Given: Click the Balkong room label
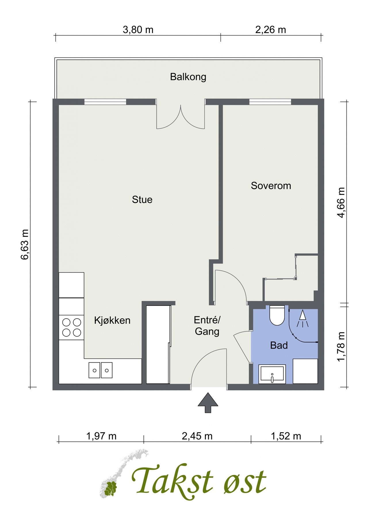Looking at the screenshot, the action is coord(188,77).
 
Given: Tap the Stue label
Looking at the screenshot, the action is coord(142,199).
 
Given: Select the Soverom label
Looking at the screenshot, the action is coord(271,186).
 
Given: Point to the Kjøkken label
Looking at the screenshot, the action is coord(112,320).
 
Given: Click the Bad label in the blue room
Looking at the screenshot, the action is coord(279,345).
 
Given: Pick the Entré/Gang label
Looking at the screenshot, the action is coord(207,326).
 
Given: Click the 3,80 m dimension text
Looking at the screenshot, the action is coord(138,29).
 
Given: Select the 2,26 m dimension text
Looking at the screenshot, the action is coord(271,29).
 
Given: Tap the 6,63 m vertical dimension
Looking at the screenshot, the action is coord(25,245).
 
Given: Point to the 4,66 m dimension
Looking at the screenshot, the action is coord(341,203).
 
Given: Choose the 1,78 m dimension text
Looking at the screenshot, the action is coord(341,347).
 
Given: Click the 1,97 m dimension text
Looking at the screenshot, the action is coord(101,436).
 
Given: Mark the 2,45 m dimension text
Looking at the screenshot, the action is coord(197,436).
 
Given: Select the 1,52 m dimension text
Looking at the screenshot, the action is coord(286,436).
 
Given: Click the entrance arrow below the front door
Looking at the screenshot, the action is coord(208,403).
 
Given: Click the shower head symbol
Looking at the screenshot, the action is coord(302,319).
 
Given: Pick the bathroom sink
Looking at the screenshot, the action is coord(272,374).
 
